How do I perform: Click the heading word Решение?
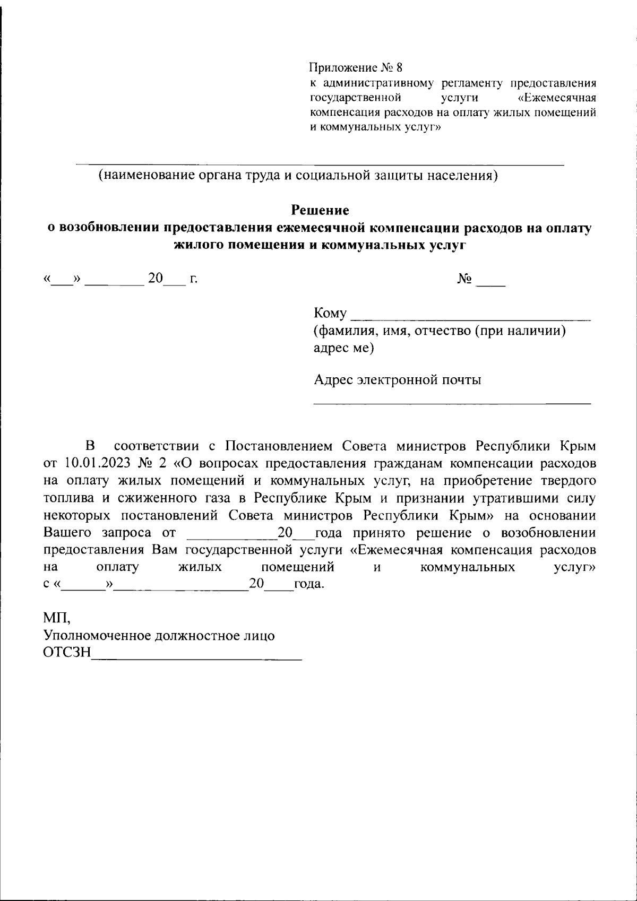pos(320,211)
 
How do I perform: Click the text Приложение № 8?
pos(356,68)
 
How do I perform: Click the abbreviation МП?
pos(56,618)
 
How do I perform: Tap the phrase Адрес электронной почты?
pos(398,380)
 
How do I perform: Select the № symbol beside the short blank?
pos(464,279)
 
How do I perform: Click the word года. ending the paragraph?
pos(308,585)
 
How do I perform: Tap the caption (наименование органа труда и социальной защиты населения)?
pos(298,176)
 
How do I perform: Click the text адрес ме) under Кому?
pos(343,348)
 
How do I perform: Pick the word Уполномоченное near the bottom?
pos(96,636)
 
